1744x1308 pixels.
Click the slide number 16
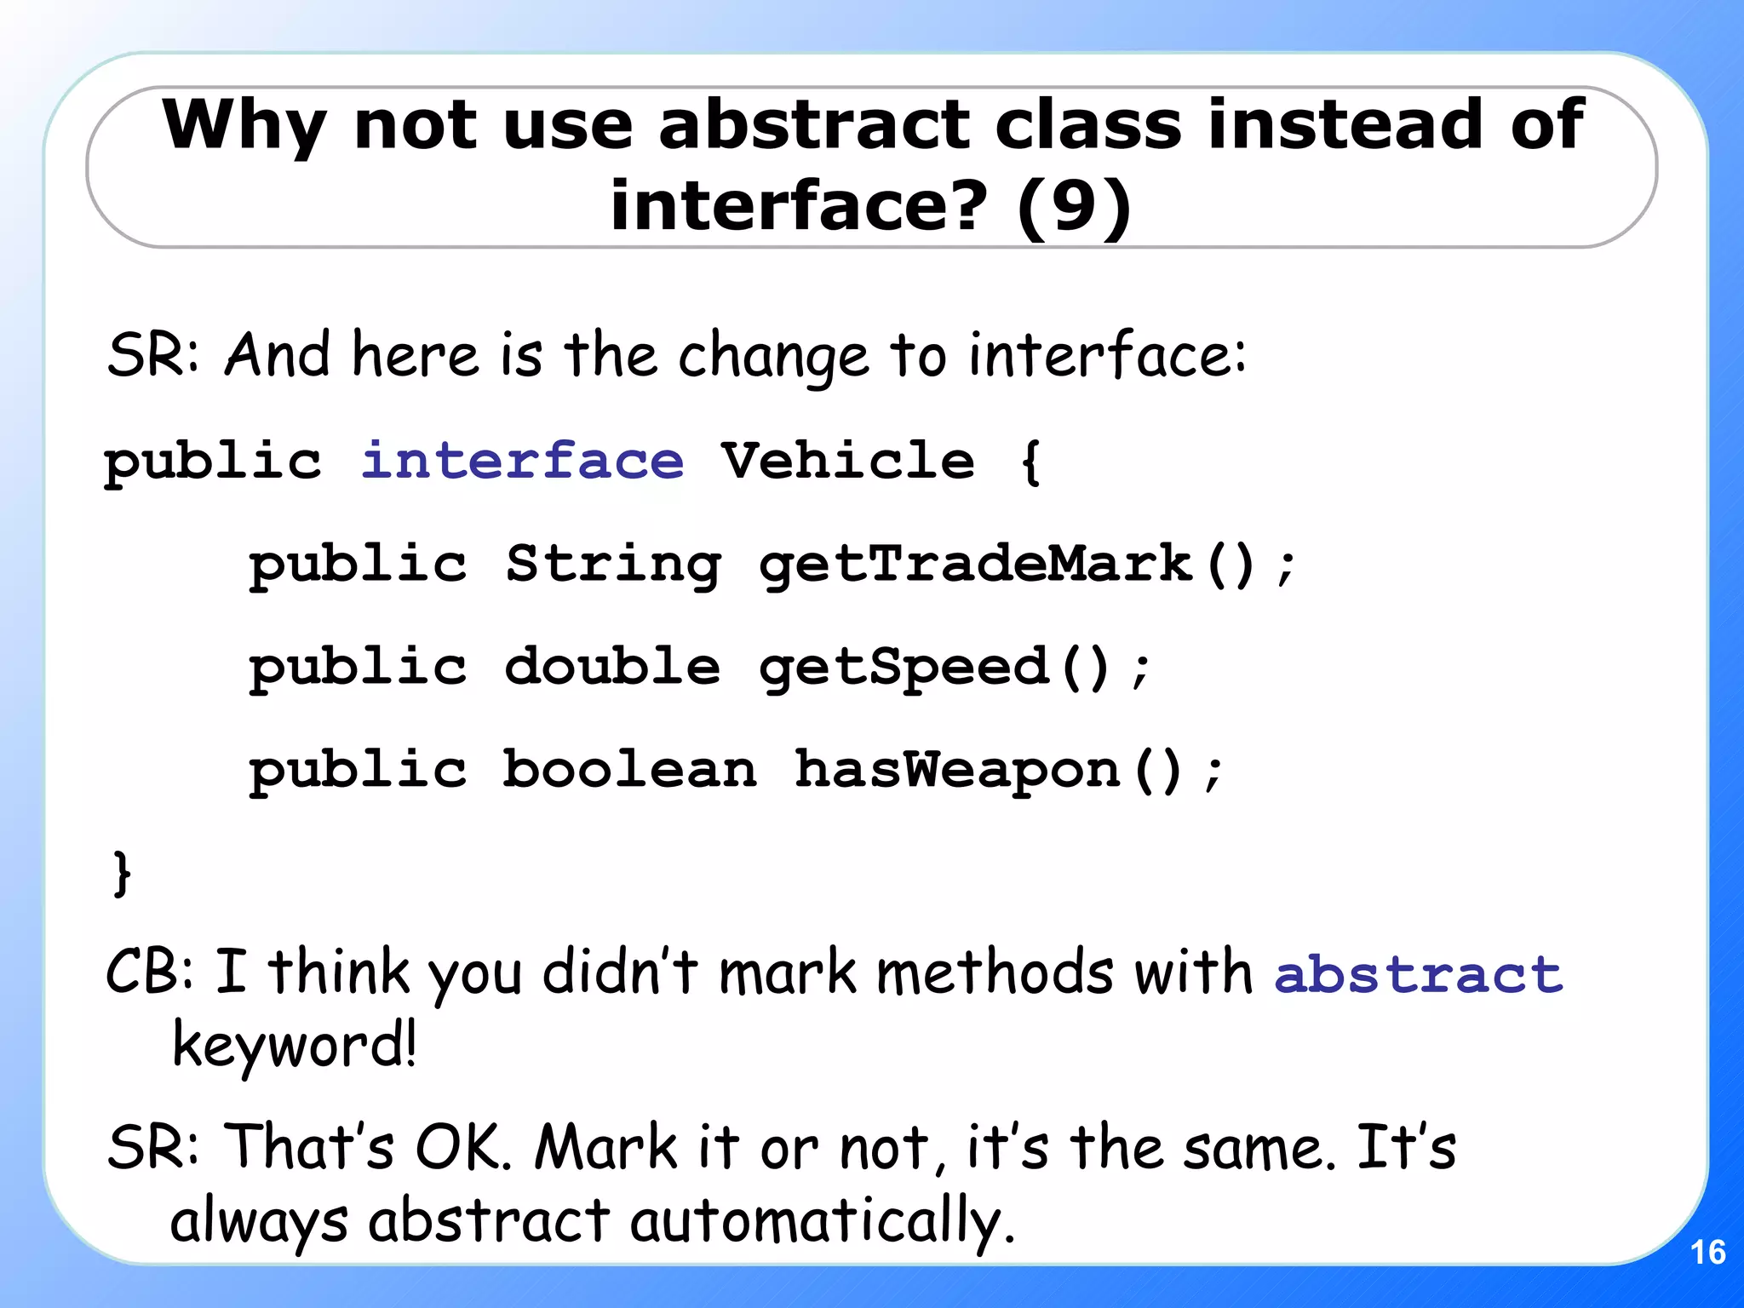pos(1707,1252)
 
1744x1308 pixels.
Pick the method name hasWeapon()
pos(988,770)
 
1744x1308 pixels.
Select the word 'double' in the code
pos(612,667)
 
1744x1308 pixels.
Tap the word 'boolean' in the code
pos(629,770)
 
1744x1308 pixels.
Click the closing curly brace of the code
pos(122,873)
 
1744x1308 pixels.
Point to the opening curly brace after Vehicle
pos(1030,462)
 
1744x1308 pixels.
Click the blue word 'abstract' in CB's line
pos(1418,974)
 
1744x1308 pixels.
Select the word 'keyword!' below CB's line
pos(294,1046)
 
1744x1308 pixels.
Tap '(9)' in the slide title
pos(1074,206)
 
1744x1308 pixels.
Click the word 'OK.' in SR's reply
pos(463,1147)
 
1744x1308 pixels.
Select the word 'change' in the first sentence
pos(773,356)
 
